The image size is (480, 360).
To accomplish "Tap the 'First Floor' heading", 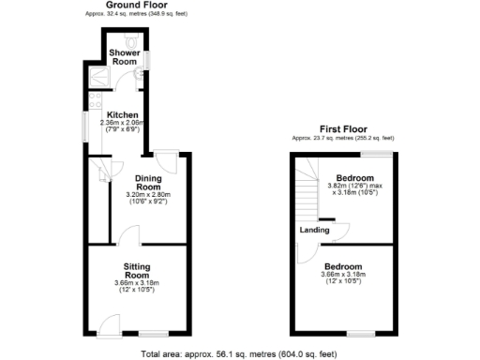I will coord(342,128).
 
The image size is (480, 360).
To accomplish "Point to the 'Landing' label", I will coord(313,230).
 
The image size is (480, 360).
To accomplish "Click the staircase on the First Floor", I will coord(306,187).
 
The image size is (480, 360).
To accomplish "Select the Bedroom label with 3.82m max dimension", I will coord(355,178).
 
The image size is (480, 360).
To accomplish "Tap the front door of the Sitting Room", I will coord(109,327).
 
